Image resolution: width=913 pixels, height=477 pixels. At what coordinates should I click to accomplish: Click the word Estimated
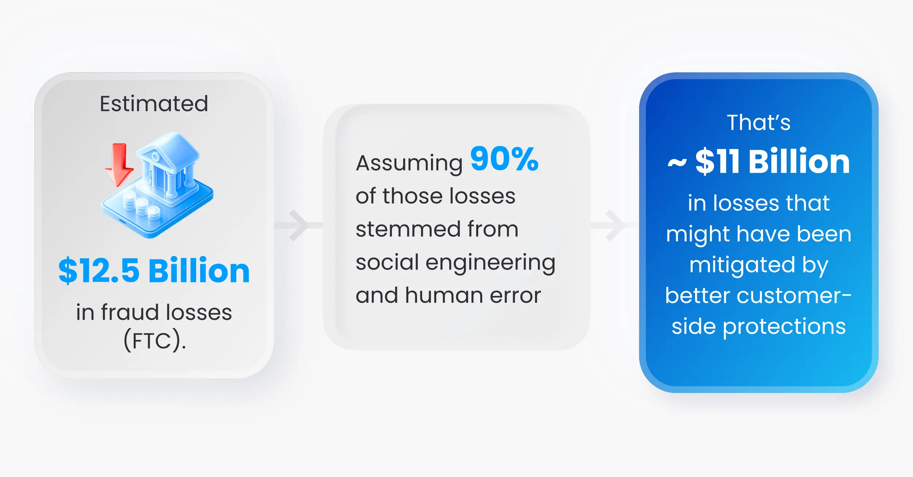(154, 104)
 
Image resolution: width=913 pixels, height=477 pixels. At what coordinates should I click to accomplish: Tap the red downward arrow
(119, 165)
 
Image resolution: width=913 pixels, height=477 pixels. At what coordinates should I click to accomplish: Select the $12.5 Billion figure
(154, 271)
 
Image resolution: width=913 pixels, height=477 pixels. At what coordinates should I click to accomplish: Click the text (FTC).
(154, 340)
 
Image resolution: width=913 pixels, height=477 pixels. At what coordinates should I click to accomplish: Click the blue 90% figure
(504, 159)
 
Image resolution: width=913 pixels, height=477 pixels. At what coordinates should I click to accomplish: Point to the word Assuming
(409, 163)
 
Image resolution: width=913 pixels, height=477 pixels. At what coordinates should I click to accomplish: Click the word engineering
(490, 263)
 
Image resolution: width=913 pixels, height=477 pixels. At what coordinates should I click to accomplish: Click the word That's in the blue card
(759, 122)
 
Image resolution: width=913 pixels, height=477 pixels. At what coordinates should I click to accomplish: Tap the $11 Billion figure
(772, 161)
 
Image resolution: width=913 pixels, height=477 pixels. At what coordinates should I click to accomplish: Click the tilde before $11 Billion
(677, 163)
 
